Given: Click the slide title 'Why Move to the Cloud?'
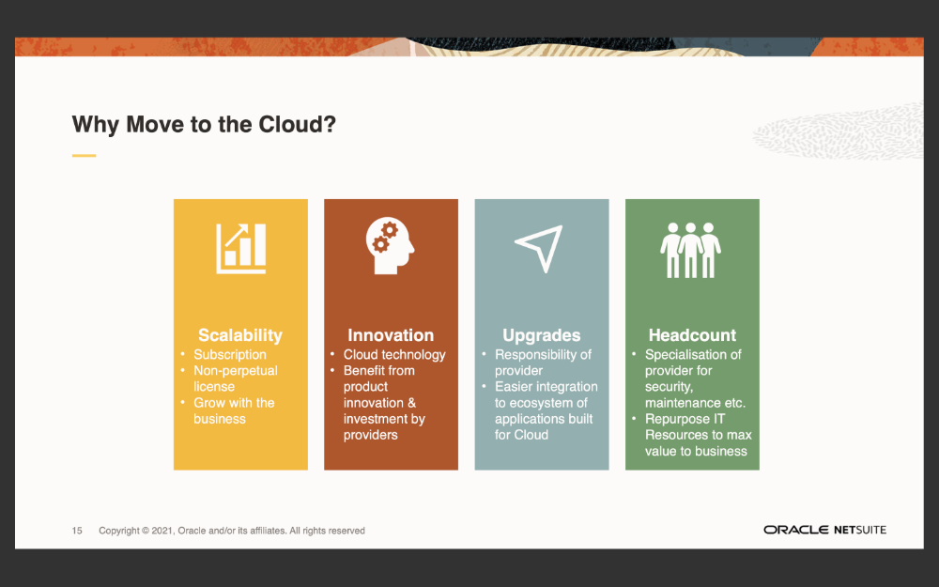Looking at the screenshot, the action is coord(204,125).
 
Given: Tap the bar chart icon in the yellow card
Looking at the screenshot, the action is coord(240,249).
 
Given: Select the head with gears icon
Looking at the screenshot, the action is coord(390,245).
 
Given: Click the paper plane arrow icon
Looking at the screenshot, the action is coord(539,248).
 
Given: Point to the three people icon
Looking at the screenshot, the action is coord(690,251).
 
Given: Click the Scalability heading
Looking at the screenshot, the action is coord(240,335).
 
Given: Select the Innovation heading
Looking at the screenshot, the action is coord(391,335).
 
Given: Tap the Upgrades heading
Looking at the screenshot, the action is coord(542,335).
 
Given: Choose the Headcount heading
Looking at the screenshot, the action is coord(692,335).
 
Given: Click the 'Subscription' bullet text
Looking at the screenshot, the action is coord(230,355).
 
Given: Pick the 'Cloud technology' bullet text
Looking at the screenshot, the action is coord(394,355).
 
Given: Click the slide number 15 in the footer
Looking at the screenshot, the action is coord(77,531).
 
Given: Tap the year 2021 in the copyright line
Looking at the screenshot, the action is coord(162,531).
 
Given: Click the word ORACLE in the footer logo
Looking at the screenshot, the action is coord(796,530).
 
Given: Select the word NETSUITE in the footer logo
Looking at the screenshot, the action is coord(860,530).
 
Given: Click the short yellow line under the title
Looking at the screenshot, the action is coord(84,156).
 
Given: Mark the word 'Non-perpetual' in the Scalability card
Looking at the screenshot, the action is coord(236,371).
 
